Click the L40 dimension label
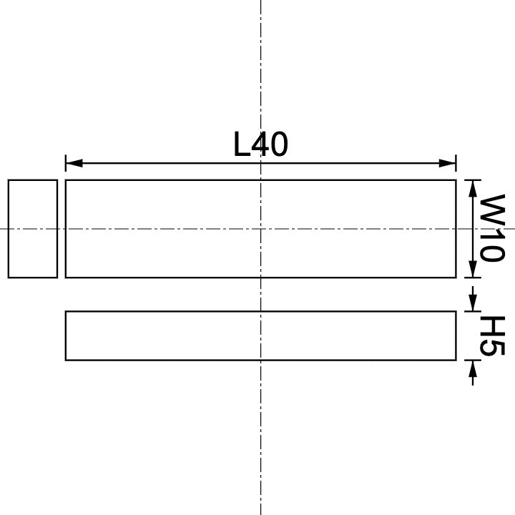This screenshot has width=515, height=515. click(260, 144)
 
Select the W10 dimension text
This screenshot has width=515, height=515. click(491, 228)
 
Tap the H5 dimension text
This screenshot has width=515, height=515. click(491, 335)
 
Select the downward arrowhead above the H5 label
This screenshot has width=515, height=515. click(472, 304)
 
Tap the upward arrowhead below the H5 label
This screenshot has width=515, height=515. click(472, 368)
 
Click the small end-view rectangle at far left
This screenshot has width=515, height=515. click(33, 228)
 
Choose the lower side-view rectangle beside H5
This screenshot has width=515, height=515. click(260, 335)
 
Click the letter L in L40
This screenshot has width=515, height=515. click(242, 144)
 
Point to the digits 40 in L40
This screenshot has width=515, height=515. click(270, 144)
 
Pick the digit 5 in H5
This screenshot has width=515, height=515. click(491, 347)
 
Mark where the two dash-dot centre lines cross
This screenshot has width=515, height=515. click(260, 229)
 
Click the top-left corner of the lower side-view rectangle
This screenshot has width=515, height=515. click(66, 311)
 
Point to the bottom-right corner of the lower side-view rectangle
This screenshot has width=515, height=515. click(456, 360)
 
